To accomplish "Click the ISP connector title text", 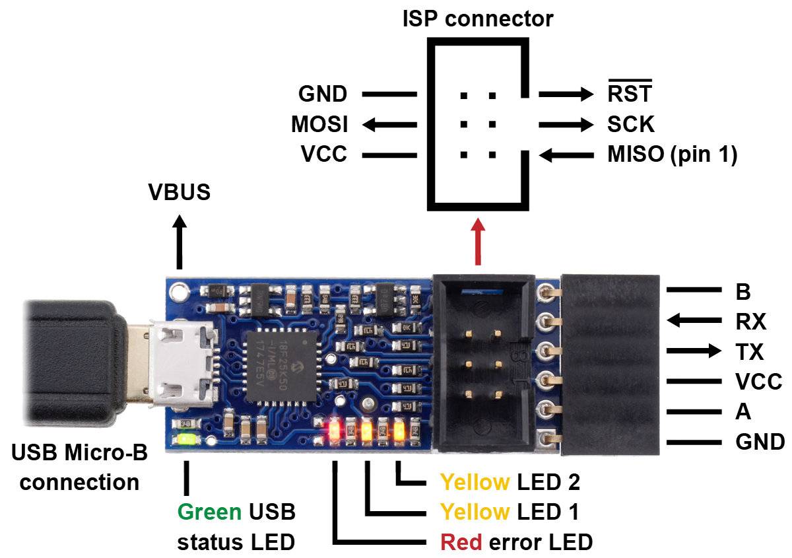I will click(x=478, y=18).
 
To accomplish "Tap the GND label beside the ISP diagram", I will click(x=322, y=94).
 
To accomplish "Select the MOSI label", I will click(x=319, y=124).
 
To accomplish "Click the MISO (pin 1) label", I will click(x=671, y=155).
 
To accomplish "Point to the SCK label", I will click(x=630, y=124).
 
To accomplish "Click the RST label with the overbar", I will click(x=629, y=94).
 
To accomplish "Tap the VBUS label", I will click(x=179, y=192).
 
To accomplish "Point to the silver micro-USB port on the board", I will click(x=180, y=366).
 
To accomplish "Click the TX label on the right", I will click(x=748, y=351).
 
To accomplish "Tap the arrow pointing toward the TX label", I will click(x=694, y=351).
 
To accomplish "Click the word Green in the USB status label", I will click(x=209, y=512).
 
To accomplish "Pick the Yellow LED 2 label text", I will click(x=510, y=482).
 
